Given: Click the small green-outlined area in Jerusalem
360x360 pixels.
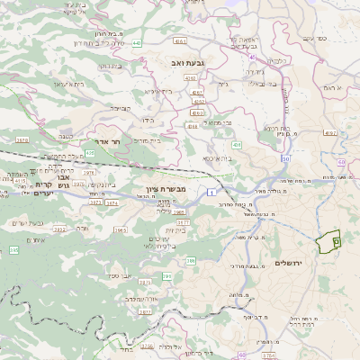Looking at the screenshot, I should click(x=330, y=241).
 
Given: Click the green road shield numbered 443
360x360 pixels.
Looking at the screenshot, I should click(x=136, y=42).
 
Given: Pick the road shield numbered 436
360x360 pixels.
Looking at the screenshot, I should click(x=237, y=144).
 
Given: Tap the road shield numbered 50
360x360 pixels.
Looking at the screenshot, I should click(x=285, y=158).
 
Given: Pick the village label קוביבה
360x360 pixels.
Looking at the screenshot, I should click(x=120, y=107).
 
